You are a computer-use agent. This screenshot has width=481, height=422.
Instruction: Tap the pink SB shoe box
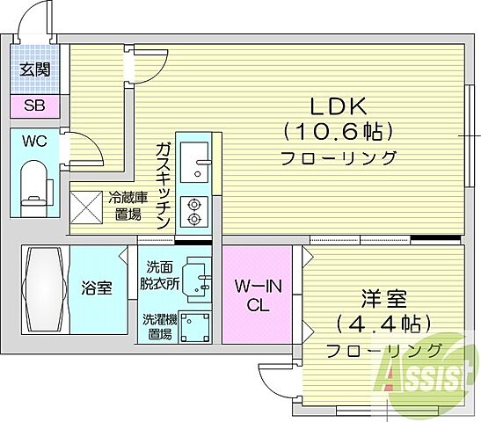pyautogui.click(x=35, y=107)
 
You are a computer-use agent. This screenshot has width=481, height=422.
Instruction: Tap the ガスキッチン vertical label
pyautogui.click(x=164, y=186)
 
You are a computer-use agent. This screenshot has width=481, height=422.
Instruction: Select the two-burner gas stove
pyautogui.click(x=193, y=211)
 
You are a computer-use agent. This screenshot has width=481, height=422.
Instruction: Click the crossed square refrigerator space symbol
pyautogui.click(x=87, y=207)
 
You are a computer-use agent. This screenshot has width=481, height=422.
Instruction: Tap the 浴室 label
pyautogui.click(x=98, y=287)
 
